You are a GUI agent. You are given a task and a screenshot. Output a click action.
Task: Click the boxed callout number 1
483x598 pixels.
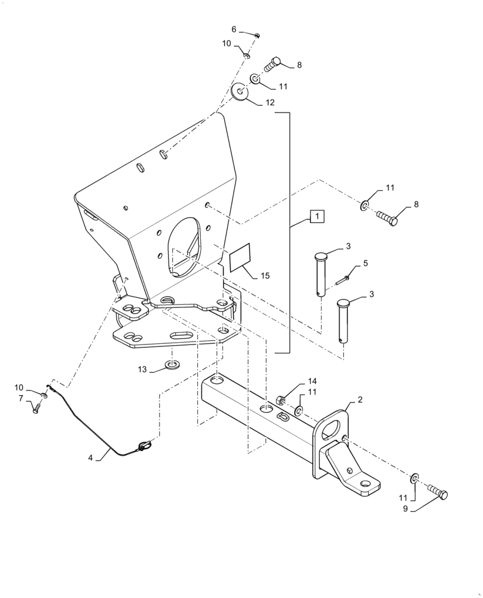[x=317, y=216]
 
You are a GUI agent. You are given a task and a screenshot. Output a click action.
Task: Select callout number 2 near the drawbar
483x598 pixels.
[x=359, y=399]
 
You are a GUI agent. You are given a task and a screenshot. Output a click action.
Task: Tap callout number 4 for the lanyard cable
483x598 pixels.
[x=90, y=459]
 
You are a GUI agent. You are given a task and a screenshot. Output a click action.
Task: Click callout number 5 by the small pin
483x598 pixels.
[x=365, y=263]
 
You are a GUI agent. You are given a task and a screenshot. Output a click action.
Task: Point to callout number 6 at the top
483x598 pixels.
[x=234, y=29]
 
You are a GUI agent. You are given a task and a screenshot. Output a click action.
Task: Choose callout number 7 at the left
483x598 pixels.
[x=20, y=398]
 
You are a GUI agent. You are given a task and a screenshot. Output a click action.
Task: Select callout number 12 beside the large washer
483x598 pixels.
[x=270, y=103]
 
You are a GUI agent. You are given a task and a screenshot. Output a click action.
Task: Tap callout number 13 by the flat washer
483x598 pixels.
[x=141, y=369]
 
